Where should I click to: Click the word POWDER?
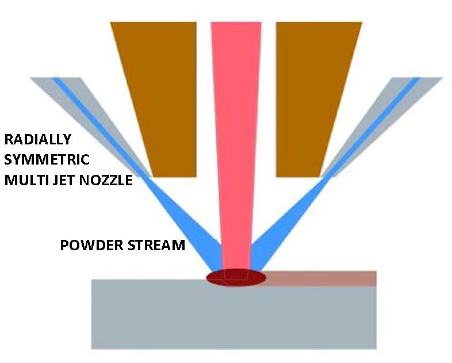(x=89, y=246)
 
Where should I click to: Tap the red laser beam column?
(x=236, y=144)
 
